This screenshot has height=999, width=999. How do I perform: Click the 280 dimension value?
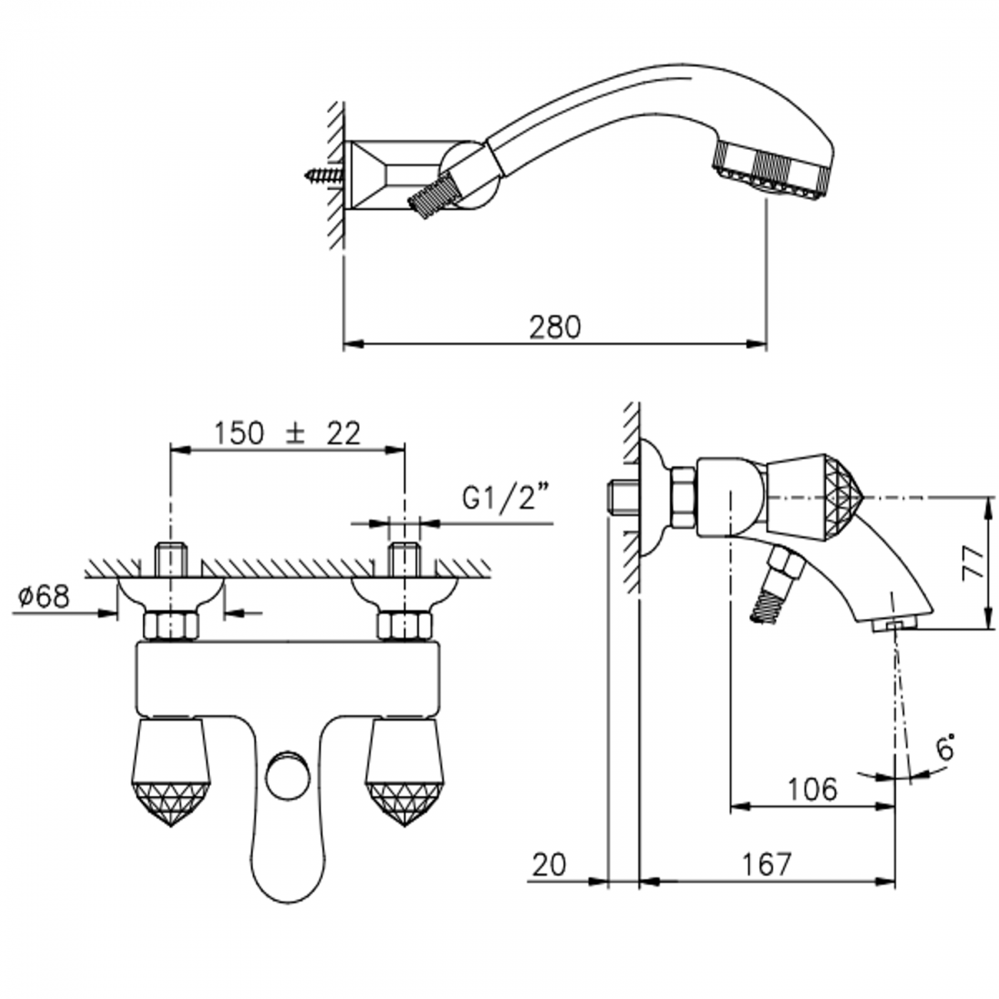(555, 327)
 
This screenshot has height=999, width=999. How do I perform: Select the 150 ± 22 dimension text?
(287, 434)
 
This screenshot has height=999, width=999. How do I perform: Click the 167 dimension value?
(766, 865)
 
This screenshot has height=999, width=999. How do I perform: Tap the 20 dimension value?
(549, 865)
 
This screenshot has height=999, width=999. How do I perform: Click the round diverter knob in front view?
(287, 774)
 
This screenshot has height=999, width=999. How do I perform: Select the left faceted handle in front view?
(171, 771)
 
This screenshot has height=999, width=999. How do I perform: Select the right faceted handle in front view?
(402, 771)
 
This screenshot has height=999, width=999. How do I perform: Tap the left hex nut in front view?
(171, 626)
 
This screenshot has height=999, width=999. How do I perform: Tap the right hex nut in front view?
(402, 626)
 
